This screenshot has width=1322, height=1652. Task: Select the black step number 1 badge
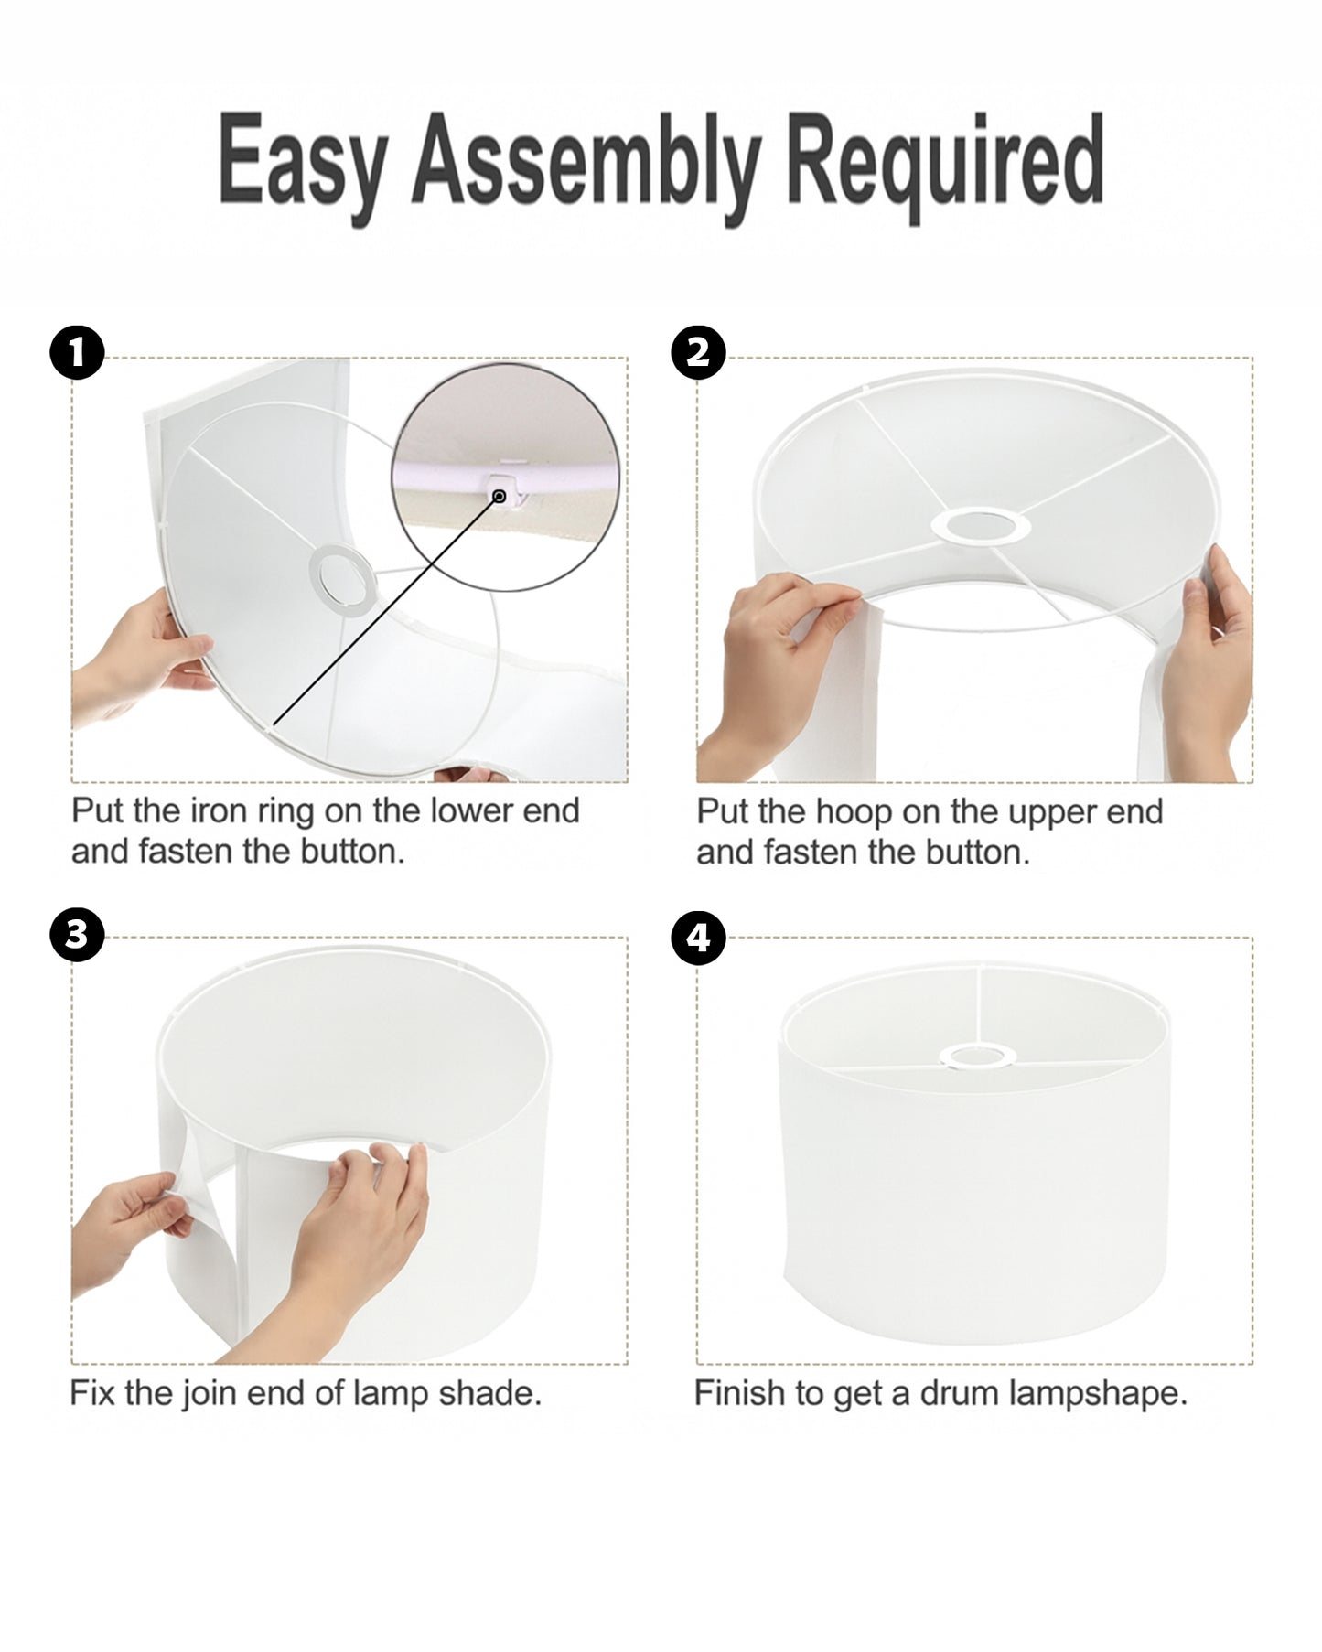[x=77, y=353]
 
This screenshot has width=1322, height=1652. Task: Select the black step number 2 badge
[x=698, y=353]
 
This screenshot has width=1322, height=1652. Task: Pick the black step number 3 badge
[x=77, y=937]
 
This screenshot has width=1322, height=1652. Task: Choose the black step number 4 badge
[x=698, y=937]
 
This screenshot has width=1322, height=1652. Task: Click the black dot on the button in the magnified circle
[x=500, y=496]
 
